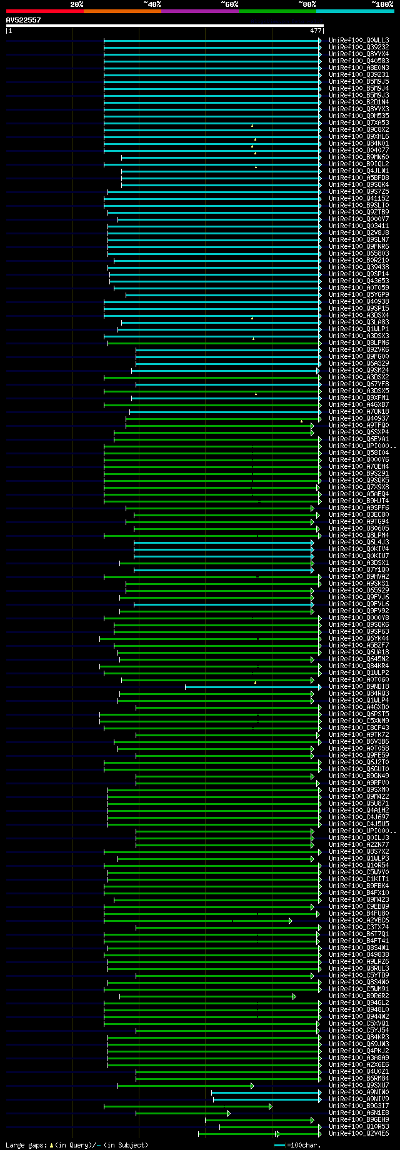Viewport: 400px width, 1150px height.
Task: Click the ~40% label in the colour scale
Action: pyautogui.click(x=152, y=4)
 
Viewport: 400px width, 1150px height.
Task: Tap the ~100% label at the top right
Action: pyautogui.click(x=381, y=4)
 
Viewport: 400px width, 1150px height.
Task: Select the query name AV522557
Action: pyautogui.click(x=23, y=20)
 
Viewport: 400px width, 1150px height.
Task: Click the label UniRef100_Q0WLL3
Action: pyautogui.click(x=359, y=41)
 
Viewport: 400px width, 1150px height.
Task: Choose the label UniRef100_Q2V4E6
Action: pyautogui.click(x=359, y=1134)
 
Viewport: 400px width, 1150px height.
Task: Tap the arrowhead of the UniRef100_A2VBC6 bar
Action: pyautogui.click(x=291, y=921)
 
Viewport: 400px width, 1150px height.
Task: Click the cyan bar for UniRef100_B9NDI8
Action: pyautogui.click(x=250, y=687)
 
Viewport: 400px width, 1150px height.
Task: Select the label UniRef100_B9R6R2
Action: pyautogui.click(x=359, y=996)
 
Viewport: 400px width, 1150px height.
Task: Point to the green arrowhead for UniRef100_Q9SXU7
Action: pyautogui.click(x=252, y=1086)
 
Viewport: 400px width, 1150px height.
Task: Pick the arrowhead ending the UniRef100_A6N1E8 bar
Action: pyautogui.click(x=229, y=1113)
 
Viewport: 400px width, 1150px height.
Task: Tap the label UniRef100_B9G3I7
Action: pyautogui.click(x=359, y=1106)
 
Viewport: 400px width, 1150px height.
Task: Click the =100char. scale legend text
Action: pyautogui.click(x=302, y=1145)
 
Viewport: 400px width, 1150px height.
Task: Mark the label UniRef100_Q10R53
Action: pyautogui.click(x=359, y=1127)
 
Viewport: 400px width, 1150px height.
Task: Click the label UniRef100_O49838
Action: pyautogui.click(x=359, y=955)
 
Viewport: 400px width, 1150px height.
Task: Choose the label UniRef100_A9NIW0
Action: pyautogui.click(x=359, y=1092)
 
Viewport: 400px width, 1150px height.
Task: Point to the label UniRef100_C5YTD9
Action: pyautogui.click(x=359, y=976)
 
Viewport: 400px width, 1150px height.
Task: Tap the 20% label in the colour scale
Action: pyautogui.click(x=76, y=4)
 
